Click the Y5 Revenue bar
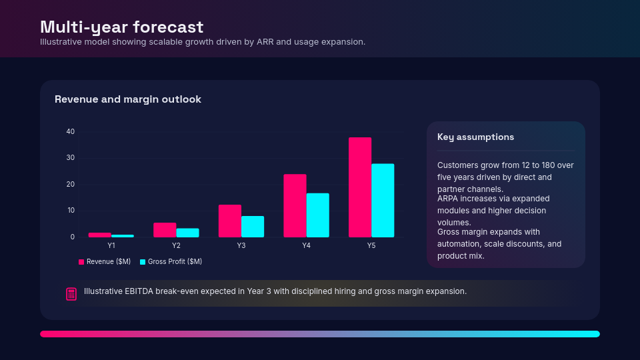pos(360,187)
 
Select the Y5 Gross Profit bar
pos(383,201)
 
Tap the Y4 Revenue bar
pos(295,205)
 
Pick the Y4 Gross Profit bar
pos(317,215)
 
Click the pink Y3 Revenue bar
pos(230,221)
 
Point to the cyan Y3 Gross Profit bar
pos(253,227)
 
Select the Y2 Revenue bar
pos(165,230)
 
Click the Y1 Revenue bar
pos(100,235)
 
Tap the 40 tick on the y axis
pos(71,131)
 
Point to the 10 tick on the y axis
pos(71,211)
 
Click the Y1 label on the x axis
pos(111,246)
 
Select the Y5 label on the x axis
pos(371,246)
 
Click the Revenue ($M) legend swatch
pos(81,262)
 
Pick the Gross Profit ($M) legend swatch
pos(143,262)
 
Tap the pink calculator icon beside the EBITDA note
pos(71,294)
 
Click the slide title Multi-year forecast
pos(121,27)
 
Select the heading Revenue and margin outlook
pos(127,99)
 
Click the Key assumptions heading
pos(475,137)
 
